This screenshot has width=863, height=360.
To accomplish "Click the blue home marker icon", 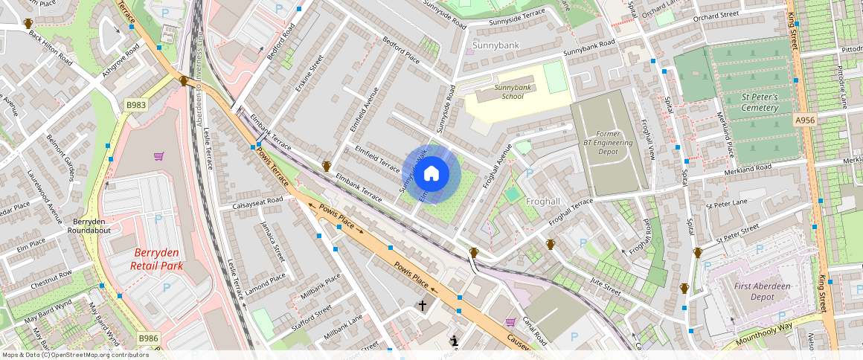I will (x=431, y=175).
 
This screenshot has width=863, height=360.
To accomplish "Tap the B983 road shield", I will (x=136, y=106).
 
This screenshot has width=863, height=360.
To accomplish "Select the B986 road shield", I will (x=149, y=338).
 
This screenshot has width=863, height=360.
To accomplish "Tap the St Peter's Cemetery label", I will (x=760, y=103).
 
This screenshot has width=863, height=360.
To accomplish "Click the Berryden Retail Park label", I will (x=157, y=259).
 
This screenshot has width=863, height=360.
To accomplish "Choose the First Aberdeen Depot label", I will (x=763, y=292).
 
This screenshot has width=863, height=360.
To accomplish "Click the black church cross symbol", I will (x=423, y=305).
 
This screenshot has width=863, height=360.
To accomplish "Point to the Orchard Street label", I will (x=716, y=15).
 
